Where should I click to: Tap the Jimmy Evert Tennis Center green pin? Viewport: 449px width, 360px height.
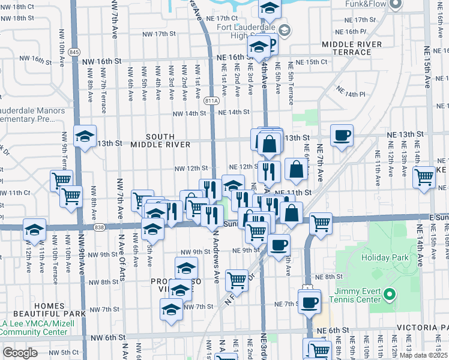[390, 295]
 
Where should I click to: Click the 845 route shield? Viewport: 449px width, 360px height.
[74, 52]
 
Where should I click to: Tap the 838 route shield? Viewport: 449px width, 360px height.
[99, 227]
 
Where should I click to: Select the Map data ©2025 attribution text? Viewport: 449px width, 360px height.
[423, 355]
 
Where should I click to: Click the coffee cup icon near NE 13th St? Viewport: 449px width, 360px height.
[342, 135]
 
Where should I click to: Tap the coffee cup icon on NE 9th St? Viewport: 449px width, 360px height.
[279, 245]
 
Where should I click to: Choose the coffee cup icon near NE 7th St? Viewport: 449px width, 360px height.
[309, 302]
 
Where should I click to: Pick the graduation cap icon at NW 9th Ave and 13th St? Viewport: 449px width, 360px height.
[85, 136]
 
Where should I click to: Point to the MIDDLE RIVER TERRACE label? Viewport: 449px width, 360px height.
[351, 49]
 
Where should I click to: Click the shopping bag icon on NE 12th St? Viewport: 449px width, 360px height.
[297, 170]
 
